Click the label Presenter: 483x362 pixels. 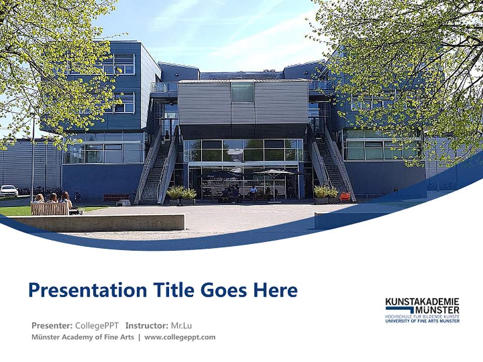tap(52, 325)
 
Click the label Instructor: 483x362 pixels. tap(146, 325)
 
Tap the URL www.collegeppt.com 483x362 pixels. tap(180, 337)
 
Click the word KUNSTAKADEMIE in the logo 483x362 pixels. tap(422, 302)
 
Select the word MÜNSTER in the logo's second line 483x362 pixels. tap(437, 310)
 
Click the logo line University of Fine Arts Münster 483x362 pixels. tap(422, 321)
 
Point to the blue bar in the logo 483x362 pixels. tap(399, 308)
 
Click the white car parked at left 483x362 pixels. tap(9, 191)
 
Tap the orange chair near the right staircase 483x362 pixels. tap(345, 197)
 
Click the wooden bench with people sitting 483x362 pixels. tap(50, 209)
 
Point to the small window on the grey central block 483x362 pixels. tap(243, 92)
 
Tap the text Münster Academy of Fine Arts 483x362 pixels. tap(83, 337)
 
